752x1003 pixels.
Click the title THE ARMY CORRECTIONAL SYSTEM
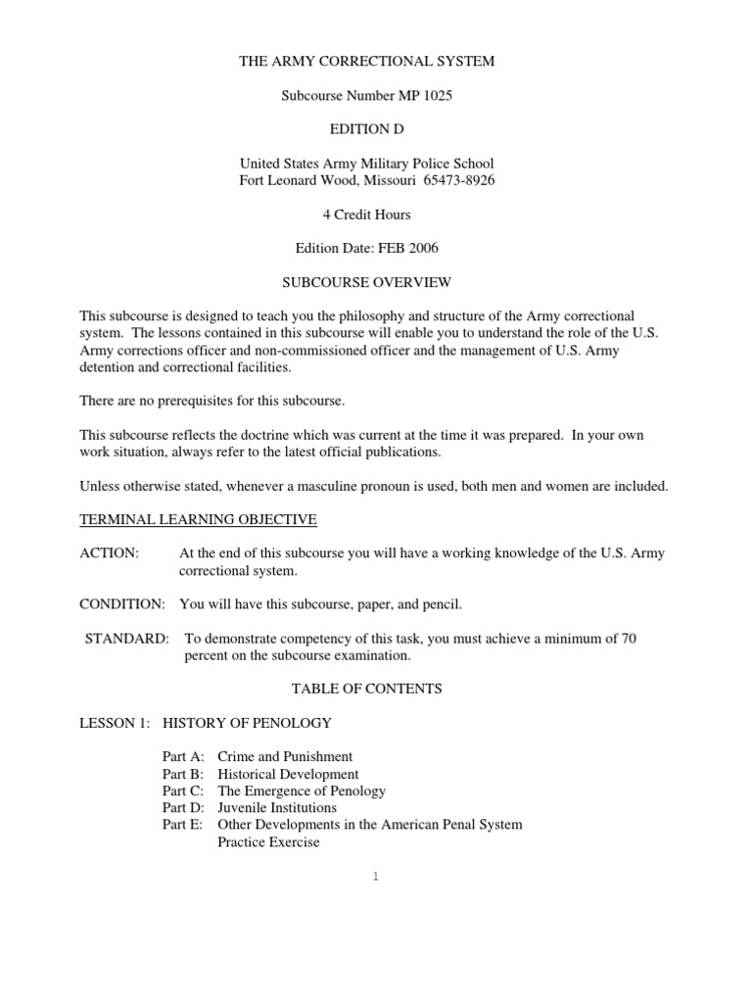tap(367, 61)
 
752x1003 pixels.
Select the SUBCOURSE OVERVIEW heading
tap(367, 282)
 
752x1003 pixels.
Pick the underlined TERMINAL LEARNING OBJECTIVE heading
tap(198, 519)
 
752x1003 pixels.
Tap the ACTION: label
tap(109, 553)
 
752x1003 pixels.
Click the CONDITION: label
tap(121, 604)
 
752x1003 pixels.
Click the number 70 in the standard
tap(628, 639)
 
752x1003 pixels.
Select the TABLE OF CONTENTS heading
tap(367, 689)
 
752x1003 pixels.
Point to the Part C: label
tap(183, 790)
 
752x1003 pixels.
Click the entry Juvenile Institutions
tap(277, 807)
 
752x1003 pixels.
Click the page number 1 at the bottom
tap(375, 877)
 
